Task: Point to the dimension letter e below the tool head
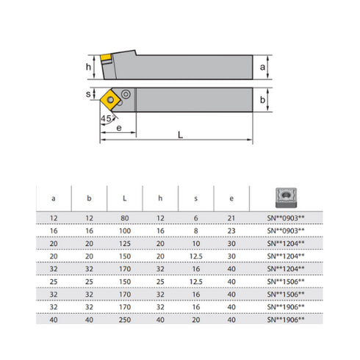pos(118,126)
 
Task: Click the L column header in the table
pos(124,198)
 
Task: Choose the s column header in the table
pos(195,198)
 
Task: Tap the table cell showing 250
pos(124,320)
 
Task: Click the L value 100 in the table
pos(124,230)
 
